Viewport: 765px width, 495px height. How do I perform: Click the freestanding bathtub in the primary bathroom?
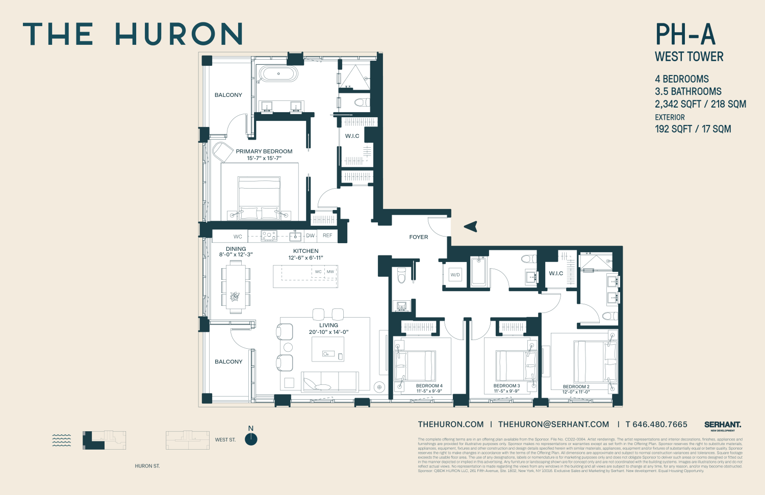point(278,74)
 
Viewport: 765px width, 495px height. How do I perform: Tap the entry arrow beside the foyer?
point(471,226)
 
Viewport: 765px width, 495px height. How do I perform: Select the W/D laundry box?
point(455,275)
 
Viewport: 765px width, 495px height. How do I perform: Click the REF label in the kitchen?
point(327,236)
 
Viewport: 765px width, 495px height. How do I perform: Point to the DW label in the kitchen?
point(310,236)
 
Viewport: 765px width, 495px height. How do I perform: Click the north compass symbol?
point(251,439)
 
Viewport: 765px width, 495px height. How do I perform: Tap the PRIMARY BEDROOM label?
point(264,151)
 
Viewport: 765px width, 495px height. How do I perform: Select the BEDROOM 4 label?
point(429,386)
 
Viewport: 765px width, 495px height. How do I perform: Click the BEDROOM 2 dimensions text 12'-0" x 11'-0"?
point(576,392)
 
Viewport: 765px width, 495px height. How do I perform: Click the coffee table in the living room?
point(328,350)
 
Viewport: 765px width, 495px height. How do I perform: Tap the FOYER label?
point(419,237)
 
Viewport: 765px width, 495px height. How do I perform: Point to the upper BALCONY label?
point(228,95)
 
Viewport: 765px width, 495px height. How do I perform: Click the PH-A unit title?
point(685,35)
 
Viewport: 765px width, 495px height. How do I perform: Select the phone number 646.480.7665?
point(660,424)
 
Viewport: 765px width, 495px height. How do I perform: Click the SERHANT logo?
point(723,425)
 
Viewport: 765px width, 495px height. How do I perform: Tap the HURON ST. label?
point(147,466)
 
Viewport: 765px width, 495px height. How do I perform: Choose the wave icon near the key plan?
point(62,440)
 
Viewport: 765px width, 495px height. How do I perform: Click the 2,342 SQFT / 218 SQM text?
point(700,104)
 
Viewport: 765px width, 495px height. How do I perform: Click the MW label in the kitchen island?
point(330,272)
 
